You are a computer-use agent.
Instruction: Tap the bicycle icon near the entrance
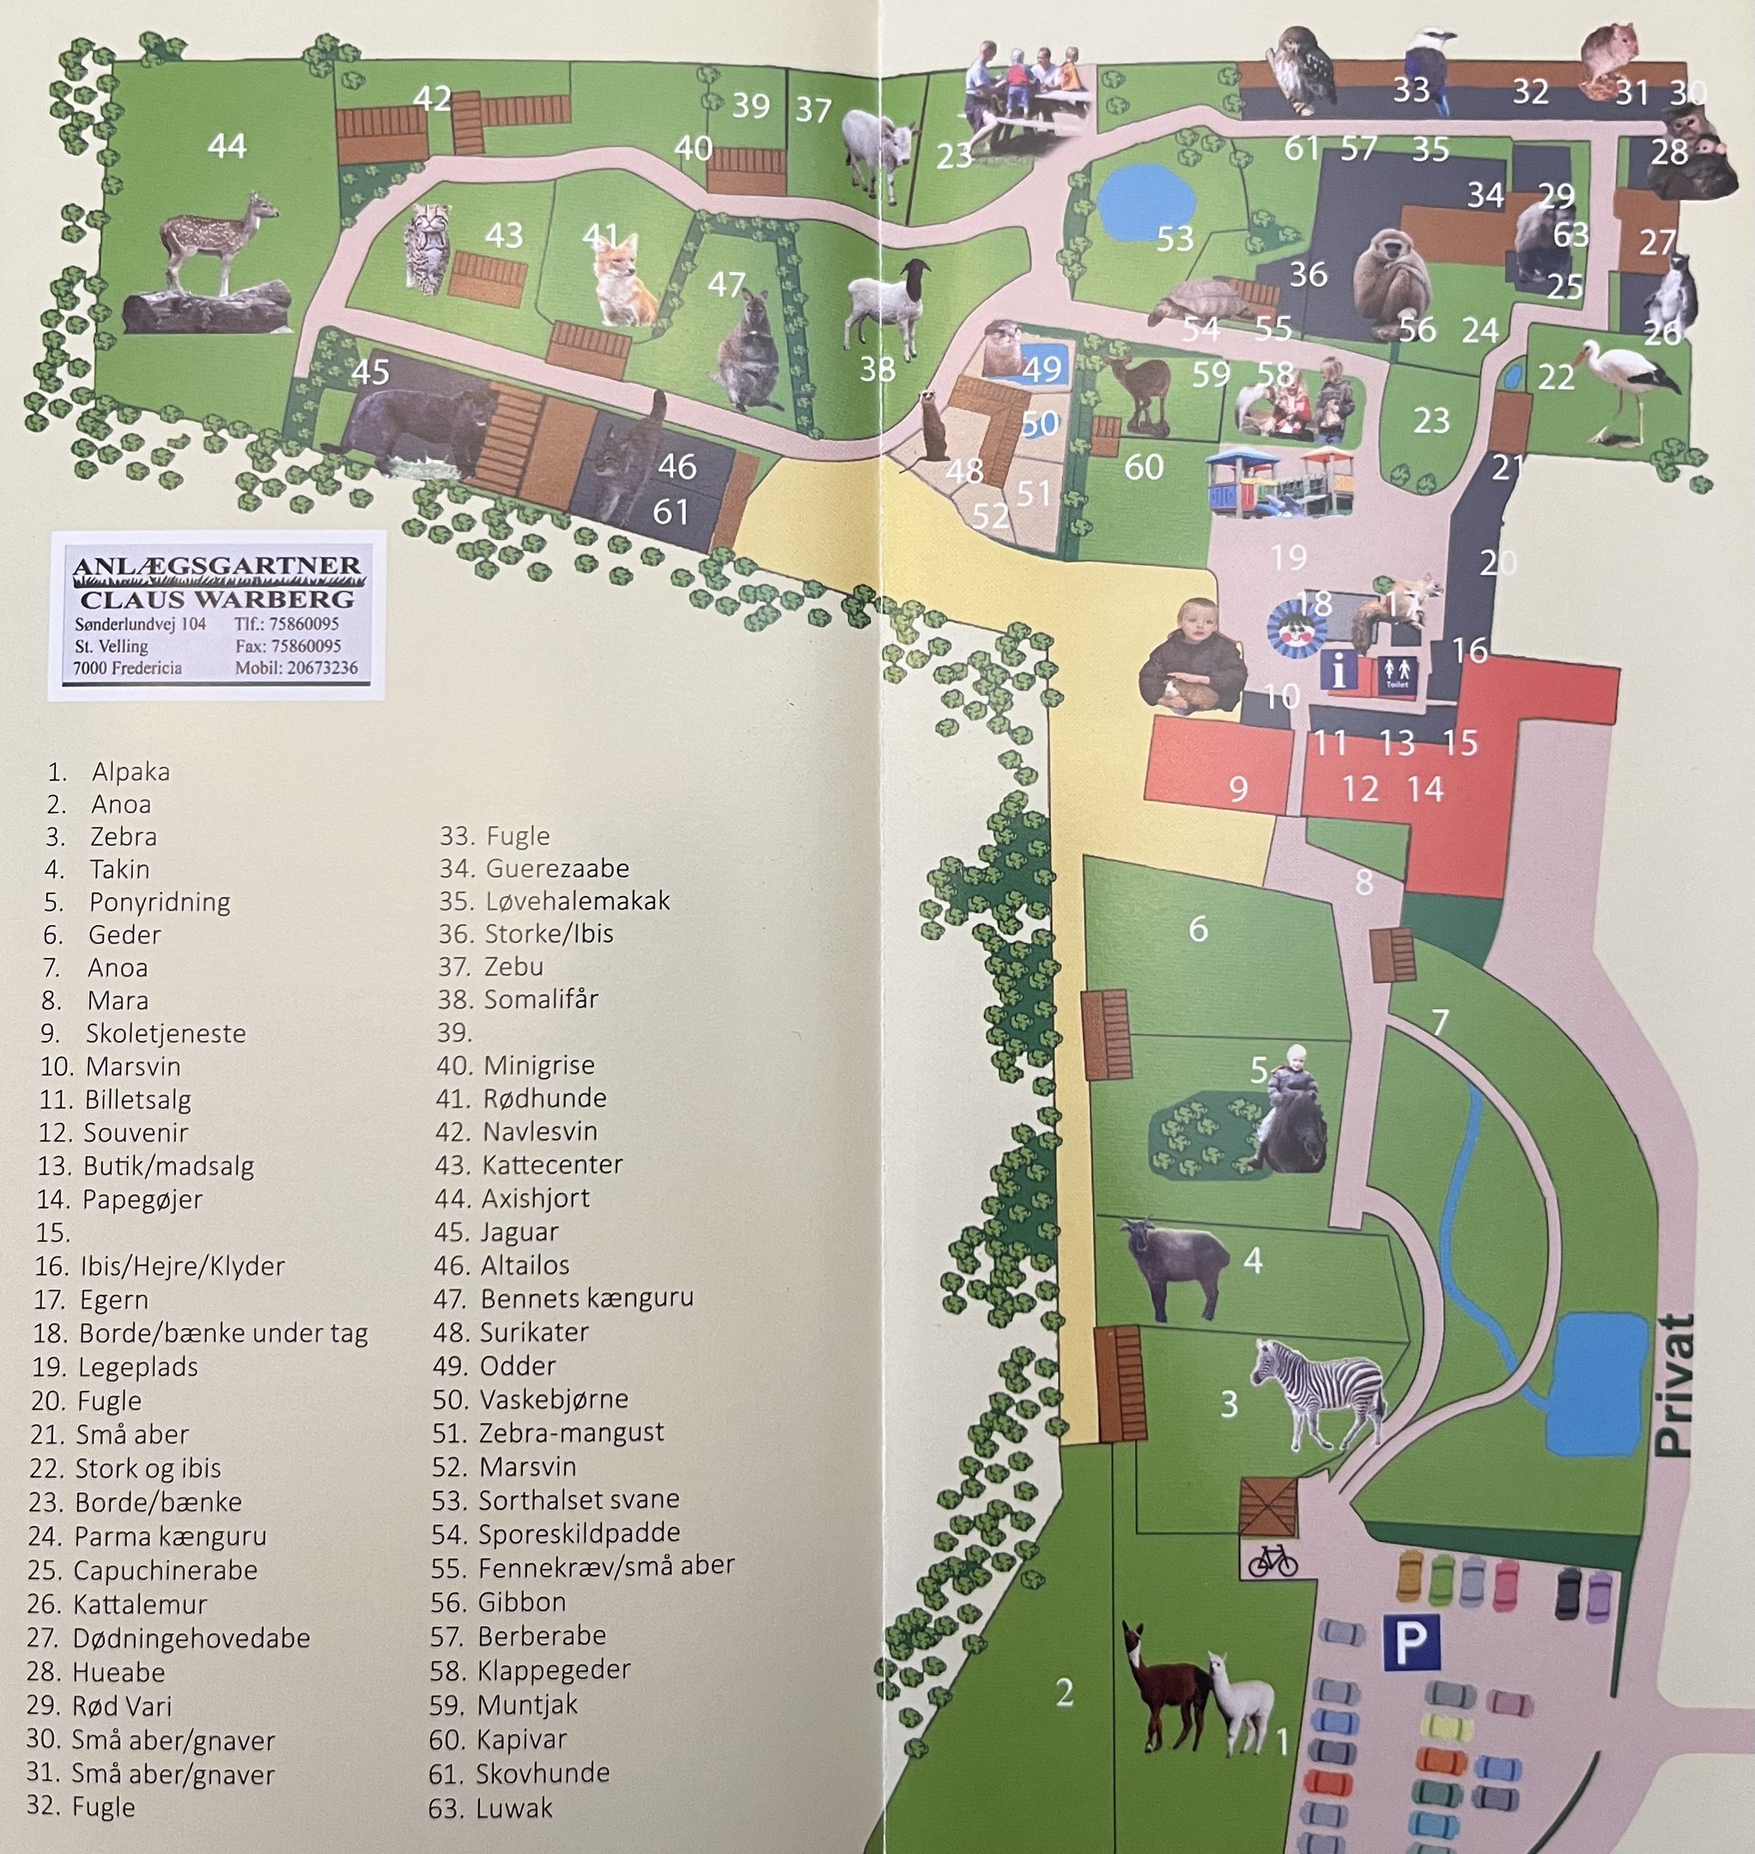(x=1272, y=1560)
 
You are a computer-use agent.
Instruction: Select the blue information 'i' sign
(x=1339, y=671)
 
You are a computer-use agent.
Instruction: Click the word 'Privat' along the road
(x=1673, y=1385)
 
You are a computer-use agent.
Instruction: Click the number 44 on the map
(x=227, y=146)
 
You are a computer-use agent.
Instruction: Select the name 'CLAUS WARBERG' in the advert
(x=217, y=598)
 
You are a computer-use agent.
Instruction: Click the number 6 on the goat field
(x=1198, y=929)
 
